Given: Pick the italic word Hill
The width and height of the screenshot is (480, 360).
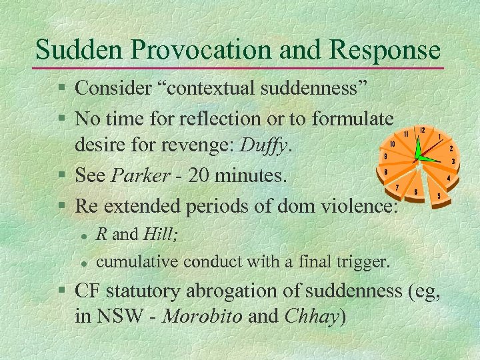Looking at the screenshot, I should pyautogui.click(x=159, y=234).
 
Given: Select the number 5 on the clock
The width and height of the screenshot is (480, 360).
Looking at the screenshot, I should pyautogui.click(x=438, y=196).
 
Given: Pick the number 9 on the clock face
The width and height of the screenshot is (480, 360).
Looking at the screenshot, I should pyautogui.click(x=385, y=157).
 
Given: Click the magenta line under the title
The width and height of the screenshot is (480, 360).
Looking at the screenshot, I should pyautogui.click(x=240, y=68).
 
